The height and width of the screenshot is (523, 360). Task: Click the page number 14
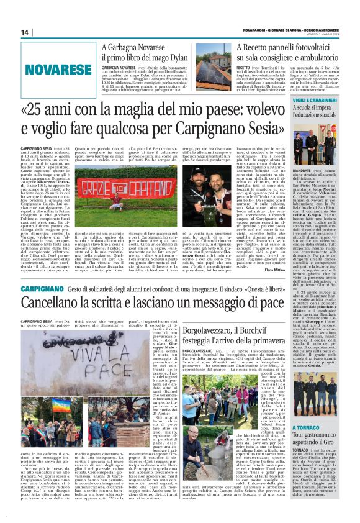(x=25, y=32)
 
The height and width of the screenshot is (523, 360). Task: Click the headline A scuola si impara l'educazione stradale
(x=326, y=115)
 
